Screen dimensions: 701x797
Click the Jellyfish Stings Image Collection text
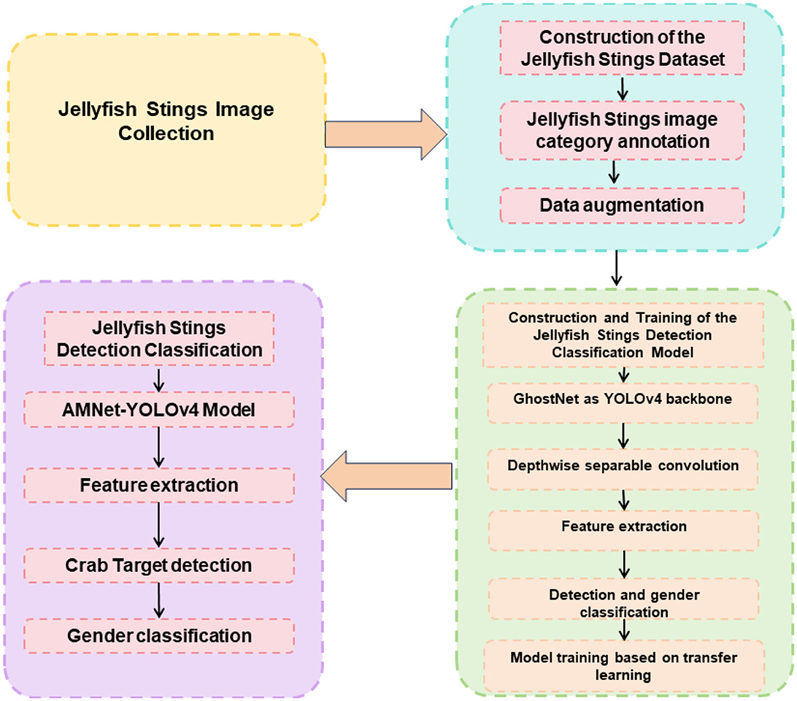166,122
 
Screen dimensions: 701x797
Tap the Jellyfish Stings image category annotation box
622,129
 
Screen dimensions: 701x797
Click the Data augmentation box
622,205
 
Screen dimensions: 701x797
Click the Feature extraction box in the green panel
623,526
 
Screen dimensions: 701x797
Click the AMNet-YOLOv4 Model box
159,410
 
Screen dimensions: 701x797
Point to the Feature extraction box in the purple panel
159,485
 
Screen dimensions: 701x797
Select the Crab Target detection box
159,564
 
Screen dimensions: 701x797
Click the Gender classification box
159,635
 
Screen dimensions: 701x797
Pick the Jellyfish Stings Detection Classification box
159,337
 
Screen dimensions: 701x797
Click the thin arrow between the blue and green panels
618,267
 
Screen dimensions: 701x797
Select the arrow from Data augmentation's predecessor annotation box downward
615,172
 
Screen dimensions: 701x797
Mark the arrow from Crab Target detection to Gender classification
159,600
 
